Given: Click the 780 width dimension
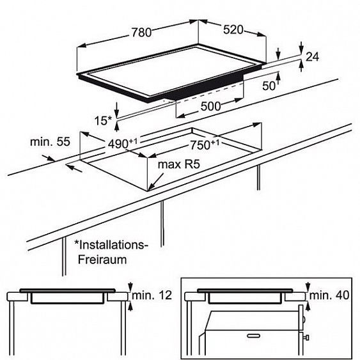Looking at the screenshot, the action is click(141, 33).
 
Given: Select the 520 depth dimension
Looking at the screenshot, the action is click(233, 30).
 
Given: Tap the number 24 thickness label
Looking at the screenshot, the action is click(312, 57).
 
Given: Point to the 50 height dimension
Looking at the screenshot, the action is click(269, 86).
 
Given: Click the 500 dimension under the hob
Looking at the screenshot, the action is click(210, 106).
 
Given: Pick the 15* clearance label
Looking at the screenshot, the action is click(103, 121).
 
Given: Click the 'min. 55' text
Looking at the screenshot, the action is click(50, 142).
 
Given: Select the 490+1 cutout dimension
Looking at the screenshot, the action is click(123, 143).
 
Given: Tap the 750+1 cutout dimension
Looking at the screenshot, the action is click(205, 145).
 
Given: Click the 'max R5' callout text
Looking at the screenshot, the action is click(179, 164).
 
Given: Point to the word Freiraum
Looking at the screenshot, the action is click(102, 260).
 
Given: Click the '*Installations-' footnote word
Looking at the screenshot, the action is click(111, 245).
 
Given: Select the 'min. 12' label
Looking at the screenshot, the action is click(152, 295).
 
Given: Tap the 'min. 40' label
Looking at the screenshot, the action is click(329, 295).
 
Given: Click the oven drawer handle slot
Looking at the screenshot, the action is click(253, 336).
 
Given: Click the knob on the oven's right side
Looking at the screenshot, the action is click(306, 338).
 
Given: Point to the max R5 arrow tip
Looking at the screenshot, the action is click(149, 190).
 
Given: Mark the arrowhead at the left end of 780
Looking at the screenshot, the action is click(81, 45).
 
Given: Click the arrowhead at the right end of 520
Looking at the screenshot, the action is click(262, 34).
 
